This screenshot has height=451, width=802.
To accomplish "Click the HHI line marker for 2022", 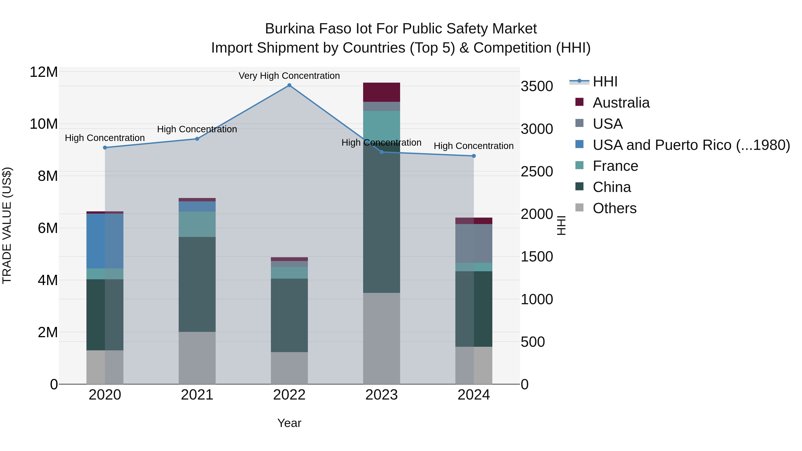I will [289, 85].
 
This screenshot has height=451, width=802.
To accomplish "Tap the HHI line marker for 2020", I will [105, 147].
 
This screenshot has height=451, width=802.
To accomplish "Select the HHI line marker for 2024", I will [474, 156].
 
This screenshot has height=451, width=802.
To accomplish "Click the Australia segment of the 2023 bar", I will [381, 92].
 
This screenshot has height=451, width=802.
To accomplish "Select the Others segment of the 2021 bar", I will [197, 358].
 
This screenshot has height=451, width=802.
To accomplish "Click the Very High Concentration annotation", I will [289, 76].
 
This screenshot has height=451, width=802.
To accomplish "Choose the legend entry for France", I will [615, 166].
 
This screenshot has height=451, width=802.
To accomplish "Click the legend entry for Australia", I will [621, 103].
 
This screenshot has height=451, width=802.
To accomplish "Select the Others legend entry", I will [614, 208].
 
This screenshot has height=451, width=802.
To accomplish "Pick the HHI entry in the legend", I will [605, 82].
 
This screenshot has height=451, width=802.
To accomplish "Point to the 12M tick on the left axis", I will [44, 72].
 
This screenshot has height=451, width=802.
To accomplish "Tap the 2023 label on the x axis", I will [381, 395].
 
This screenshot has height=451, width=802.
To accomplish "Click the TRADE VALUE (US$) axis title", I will [7, 225].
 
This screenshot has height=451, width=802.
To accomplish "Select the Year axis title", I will [289, 423].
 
